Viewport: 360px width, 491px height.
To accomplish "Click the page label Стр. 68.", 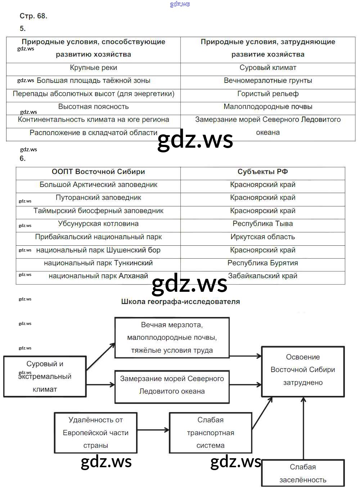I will tap(33, 16).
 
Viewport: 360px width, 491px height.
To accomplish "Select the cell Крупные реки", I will tap(93, 68).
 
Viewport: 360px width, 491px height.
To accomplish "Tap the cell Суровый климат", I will tap(268, 68).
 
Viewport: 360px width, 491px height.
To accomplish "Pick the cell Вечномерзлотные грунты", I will tap(268, 81).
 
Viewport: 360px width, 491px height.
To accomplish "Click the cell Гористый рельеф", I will tap(268, 94).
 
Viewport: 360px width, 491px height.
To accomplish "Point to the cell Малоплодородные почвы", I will tap(268, 107).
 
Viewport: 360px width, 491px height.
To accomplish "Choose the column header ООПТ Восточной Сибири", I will tap(98, 172).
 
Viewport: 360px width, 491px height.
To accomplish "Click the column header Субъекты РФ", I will tap(262, 172).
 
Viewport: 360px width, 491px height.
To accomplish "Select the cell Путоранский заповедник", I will tap(98, 198).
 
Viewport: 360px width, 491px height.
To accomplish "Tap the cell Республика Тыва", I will tap(262, 224).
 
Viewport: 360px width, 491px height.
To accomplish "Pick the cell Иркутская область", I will tap(262, 237).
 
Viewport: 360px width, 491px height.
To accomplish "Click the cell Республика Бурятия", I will tap(262, 263).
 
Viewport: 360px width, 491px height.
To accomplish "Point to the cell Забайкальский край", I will tap(262, 276).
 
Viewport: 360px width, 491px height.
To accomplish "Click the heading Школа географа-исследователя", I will tap(180, 302).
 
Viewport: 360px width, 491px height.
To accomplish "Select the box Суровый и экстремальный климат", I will tap(45, 376).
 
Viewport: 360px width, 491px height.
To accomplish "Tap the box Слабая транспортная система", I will tap(211, 433).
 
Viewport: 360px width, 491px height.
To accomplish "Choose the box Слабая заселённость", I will tap(303, 473).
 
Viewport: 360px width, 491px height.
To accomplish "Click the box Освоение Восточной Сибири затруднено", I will tap(303, 371).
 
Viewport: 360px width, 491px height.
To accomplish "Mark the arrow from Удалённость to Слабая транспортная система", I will tap(153, 430).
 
